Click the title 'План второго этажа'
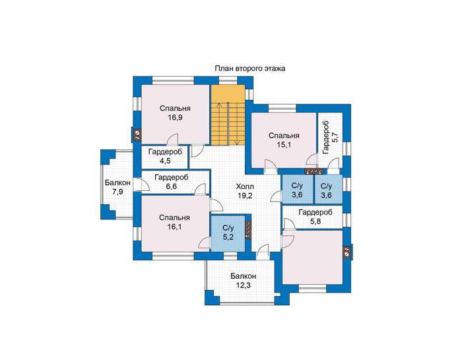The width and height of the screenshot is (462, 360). pyautogui.click(x=250, y=69)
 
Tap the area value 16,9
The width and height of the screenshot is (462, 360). pyautogui.click(x=175, y=118)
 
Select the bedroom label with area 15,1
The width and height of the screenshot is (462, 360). pyautogui.click(x=284, y=135)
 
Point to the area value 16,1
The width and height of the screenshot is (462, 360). pyautogui.click(x=174, y=227)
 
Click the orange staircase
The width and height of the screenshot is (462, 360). pyautogui.click(x=228, y=115)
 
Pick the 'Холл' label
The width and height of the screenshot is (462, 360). pyautogui.click(x=245, y=187)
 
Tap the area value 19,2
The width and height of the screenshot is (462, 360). pyautogui.click(x=245, y=196)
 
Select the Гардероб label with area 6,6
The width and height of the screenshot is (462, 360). pyautogui.click(x=171, y=178)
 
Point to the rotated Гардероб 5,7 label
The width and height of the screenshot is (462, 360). pyautogui.click(x=330, y=137)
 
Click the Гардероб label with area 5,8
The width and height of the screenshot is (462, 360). pyautogui.click(x=315, y=212)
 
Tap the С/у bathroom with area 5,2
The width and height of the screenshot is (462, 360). pyautogui.click(x=228, y=233)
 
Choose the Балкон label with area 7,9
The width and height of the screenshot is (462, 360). pyautogui.click(x=117, y=183)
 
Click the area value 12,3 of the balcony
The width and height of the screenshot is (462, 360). pyautogui.click(x=244, y=285)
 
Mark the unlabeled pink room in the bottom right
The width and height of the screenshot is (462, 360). pyautogui.click(x=313, y=257)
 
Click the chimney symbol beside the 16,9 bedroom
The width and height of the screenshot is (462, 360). pyautogui.click(x=137, y=135)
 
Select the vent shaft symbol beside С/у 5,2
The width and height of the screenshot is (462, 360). pyautogui.click(x=249, y=230)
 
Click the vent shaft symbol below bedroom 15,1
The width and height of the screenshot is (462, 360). pyautogui.click(x=313, y=171)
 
